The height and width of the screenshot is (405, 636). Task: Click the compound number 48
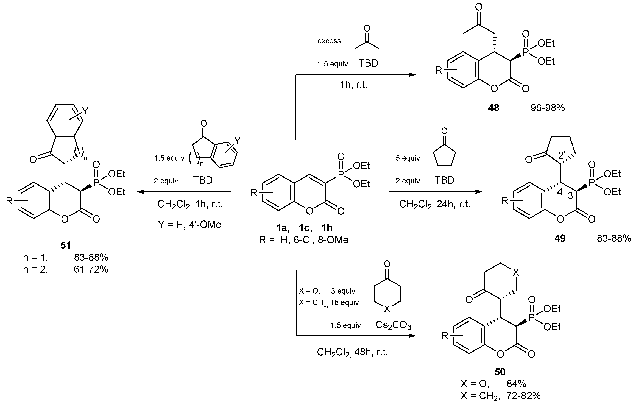pyautogui.click(x=493, y=108)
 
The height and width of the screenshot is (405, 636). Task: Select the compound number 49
pyautogui.click(x=560, y=238)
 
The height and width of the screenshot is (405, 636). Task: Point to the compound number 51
pyautogui.click(x=66, y=245)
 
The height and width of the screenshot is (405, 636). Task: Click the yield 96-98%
pyautogui.click(x=548, y=108)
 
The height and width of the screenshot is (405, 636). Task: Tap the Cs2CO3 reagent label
pyautogui.click(x=393, y=325)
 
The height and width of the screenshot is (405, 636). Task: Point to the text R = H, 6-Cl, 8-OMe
pyautogui.click(x=304, y=240)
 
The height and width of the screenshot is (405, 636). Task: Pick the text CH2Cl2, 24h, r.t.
pyautogui.click(x=434, y=204)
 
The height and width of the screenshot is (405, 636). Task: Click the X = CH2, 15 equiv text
pyautogui.click(x=329, y=302)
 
